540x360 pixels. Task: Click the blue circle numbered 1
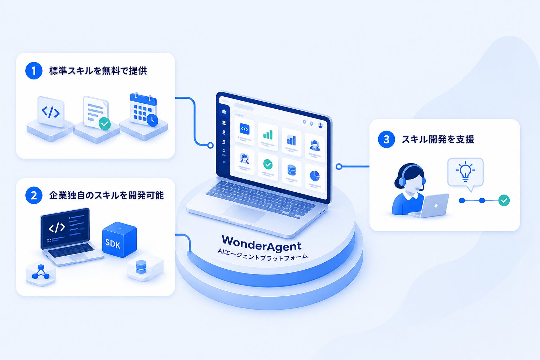[34, 71]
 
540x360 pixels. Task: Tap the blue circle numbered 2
[34, 195]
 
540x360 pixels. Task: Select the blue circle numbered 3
[386, 139]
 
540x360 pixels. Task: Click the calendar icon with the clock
[144, 110]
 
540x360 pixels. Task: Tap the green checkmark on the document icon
[105, 124]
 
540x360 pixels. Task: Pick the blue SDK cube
[120, 239]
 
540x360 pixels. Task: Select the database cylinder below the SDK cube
[141, 267]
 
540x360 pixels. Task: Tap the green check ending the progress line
[504, 200]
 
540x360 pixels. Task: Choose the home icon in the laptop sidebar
[224, 111]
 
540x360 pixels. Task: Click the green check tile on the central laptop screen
[268, 165]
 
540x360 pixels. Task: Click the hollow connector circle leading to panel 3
[339, 166]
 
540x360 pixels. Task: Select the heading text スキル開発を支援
[438, 139]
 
